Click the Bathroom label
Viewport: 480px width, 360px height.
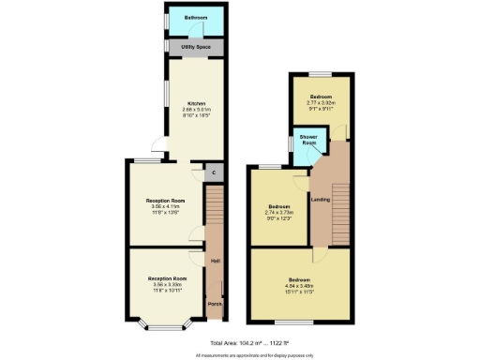click(x=196, y=18)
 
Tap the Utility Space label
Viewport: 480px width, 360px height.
click(x=196, y=47)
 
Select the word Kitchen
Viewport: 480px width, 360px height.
click(x=196, y=103)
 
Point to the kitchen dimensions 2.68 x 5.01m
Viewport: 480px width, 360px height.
click(x=196, y=110)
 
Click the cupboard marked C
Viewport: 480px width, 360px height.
click(x=213, y=172)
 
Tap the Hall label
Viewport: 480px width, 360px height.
click(x=215, y=260)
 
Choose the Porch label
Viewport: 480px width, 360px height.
click(x=215, y=306)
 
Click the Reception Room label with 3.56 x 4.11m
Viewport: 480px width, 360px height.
click(x=165, y=201)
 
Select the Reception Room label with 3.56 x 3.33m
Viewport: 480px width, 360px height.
click(x=165, y=278)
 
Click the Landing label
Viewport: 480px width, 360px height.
click(x=320, y=197)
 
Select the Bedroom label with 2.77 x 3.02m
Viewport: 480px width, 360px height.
click(x=321, y=97)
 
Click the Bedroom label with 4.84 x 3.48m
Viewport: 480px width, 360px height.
click(x=299, y=280)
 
